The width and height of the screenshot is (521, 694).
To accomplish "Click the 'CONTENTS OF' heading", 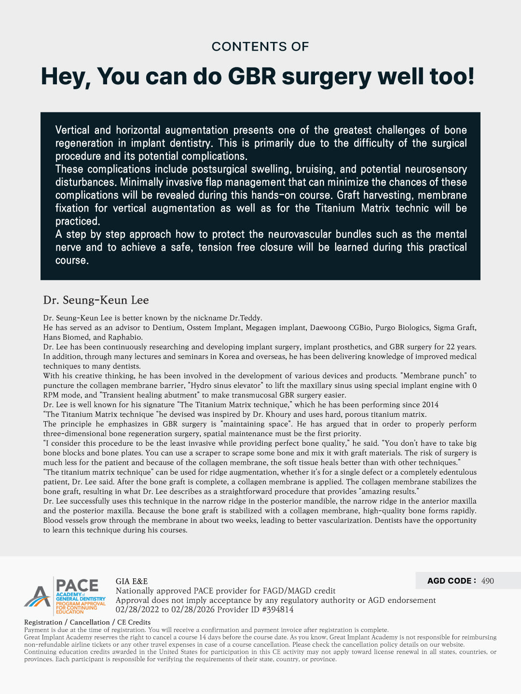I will tap(260, 46).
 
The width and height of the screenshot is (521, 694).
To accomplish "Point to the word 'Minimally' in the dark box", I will tap(142, 182).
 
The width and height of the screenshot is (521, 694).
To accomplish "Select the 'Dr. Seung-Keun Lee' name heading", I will tap(96, 300).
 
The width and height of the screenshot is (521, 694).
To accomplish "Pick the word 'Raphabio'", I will tap(124, 337).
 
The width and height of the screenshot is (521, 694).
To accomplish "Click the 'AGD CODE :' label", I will tap(452, 581).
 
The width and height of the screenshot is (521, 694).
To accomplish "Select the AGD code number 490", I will tap(488, 581).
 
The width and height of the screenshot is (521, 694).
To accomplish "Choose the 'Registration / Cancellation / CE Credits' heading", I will tap(87, 622).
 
